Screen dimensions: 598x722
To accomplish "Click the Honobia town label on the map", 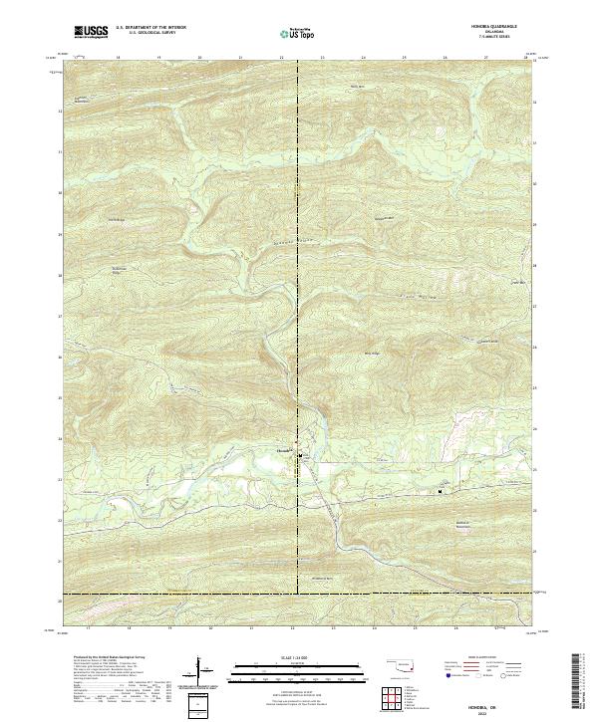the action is tap(282, 449).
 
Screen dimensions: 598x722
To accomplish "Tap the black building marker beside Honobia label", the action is tap(296, 448).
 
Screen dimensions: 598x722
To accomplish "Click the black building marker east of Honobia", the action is tap(441, 491).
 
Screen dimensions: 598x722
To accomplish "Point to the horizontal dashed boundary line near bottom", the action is tap(299, 595).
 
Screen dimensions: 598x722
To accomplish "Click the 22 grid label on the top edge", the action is tap(282, 59).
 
